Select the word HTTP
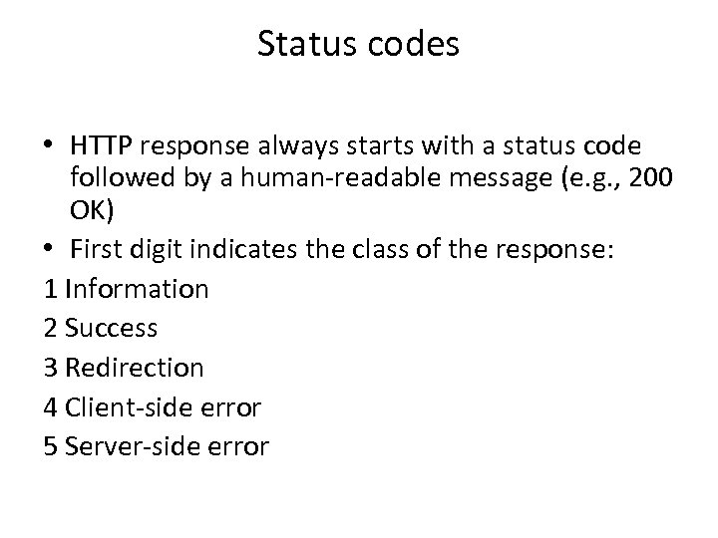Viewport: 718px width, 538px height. click(106, 146)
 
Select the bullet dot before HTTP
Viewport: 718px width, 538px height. click(51, 147)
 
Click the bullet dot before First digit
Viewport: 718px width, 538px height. click(51, 252)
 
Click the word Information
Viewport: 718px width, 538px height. click(137, 289)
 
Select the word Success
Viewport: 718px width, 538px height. click(112, 328)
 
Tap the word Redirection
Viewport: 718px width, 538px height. click(134, 368)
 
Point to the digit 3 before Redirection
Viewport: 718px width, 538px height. click(52, 368)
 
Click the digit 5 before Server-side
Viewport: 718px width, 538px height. click(52, 446)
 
